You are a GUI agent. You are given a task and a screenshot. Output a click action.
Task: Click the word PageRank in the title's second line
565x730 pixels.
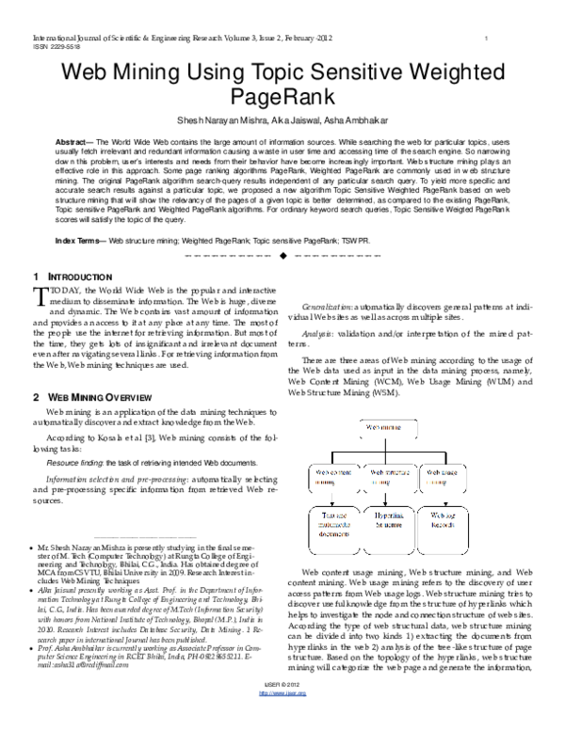(x=282, y=97)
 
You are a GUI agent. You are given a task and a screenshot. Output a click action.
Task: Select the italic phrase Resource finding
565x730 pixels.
(x=76, y=464)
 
